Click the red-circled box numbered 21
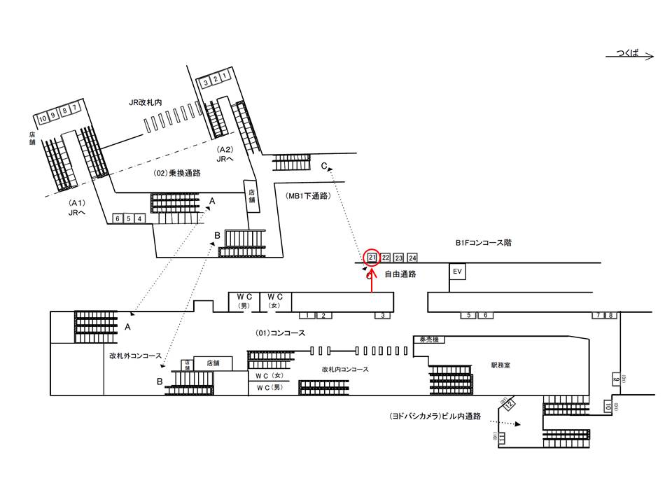click(x=372, y=258)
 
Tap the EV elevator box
click(x=458, y=272)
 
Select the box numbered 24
click(x=412, y=258)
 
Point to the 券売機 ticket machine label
click(x=428, y=339)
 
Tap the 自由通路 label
click(x=400, y=274)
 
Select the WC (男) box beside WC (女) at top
click(x=244, y=301)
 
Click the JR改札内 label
click(x=146, y=102)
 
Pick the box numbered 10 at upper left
click(x=43, y=118)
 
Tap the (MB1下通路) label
click(x=308, y=197)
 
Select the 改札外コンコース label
click(x=135, y=356)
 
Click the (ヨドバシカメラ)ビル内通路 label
click(x=435, y=416)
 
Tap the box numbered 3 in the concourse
click(x=383, y=316)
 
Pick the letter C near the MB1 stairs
click(x=324, y=167)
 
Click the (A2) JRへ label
click(x=225, y=155)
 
